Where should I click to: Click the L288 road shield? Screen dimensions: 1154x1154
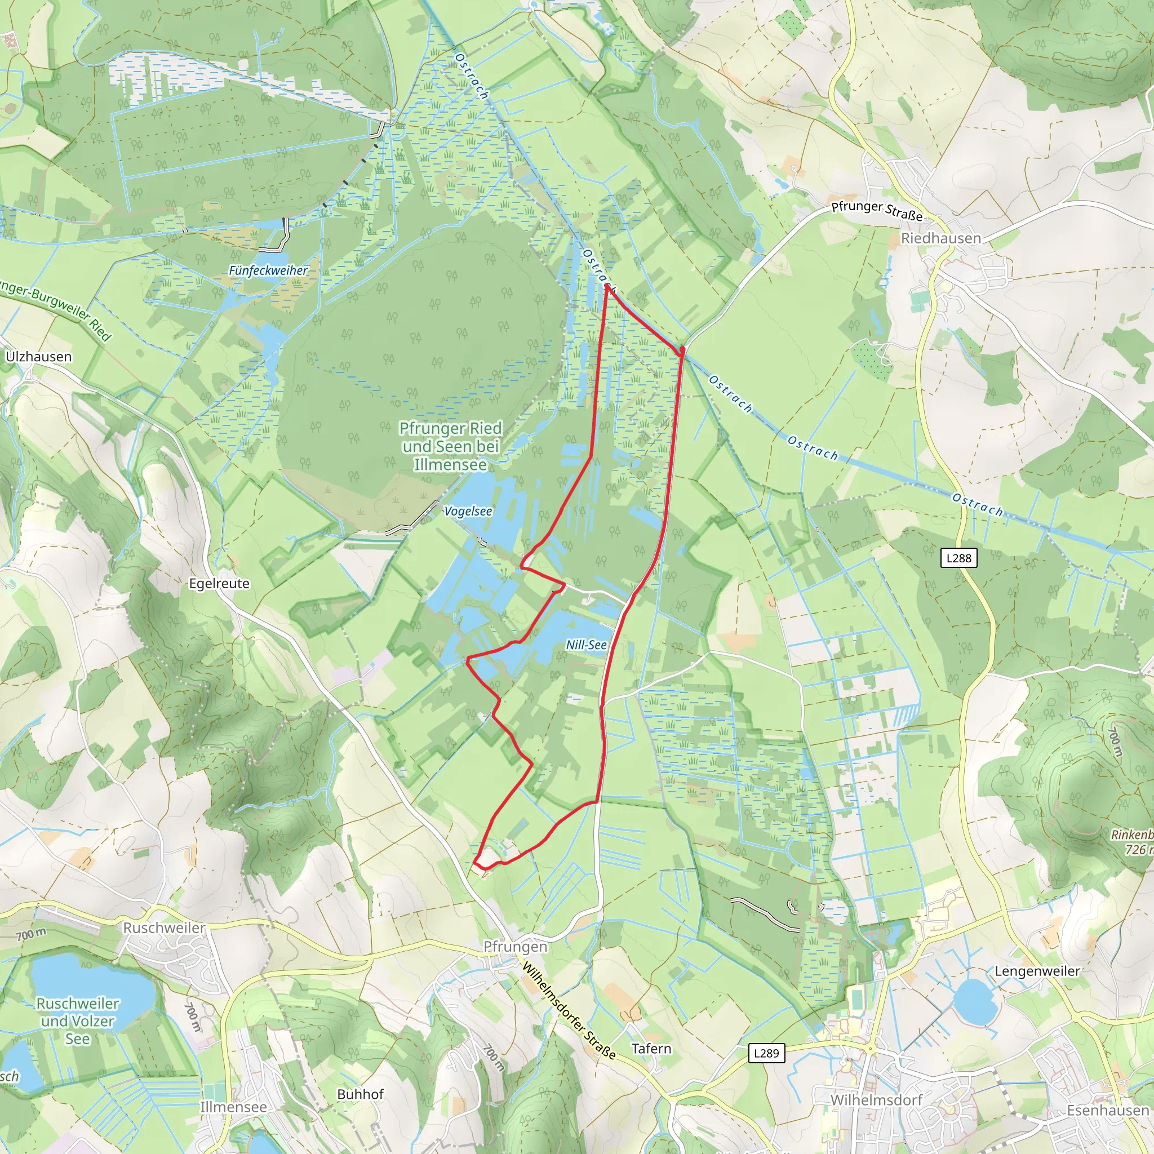[x=958, y=558]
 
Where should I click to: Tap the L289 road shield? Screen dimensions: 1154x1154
[x=766, y=1053]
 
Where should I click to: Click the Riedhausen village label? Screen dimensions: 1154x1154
[x=941, y=238]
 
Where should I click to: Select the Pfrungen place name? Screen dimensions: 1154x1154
[x=515, y=947]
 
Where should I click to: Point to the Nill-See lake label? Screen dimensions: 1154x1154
[x=586, y=645]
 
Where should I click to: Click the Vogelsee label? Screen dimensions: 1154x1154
[x=468, y=511]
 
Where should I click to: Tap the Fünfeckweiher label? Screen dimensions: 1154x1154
[x=268, y=270]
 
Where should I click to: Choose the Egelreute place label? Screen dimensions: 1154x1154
[x=219, y=584]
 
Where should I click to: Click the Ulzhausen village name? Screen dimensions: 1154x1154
[x=38, y=357]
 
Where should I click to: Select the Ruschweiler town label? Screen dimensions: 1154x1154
[x=165, y=927]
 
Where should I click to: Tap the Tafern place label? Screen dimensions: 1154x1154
[x=651, y=1048]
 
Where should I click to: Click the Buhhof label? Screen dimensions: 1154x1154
[x=360, y=1094]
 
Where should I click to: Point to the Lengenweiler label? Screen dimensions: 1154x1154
[x=1037, y=971]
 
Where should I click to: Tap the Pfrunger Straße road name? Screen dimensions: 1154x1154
[x=877, y=210]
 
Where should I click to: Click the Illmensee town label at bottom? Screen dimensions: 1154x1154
[x=233, y=1107]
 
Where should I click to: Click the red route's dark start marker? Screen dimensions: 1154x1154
[x=682, y=349]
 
